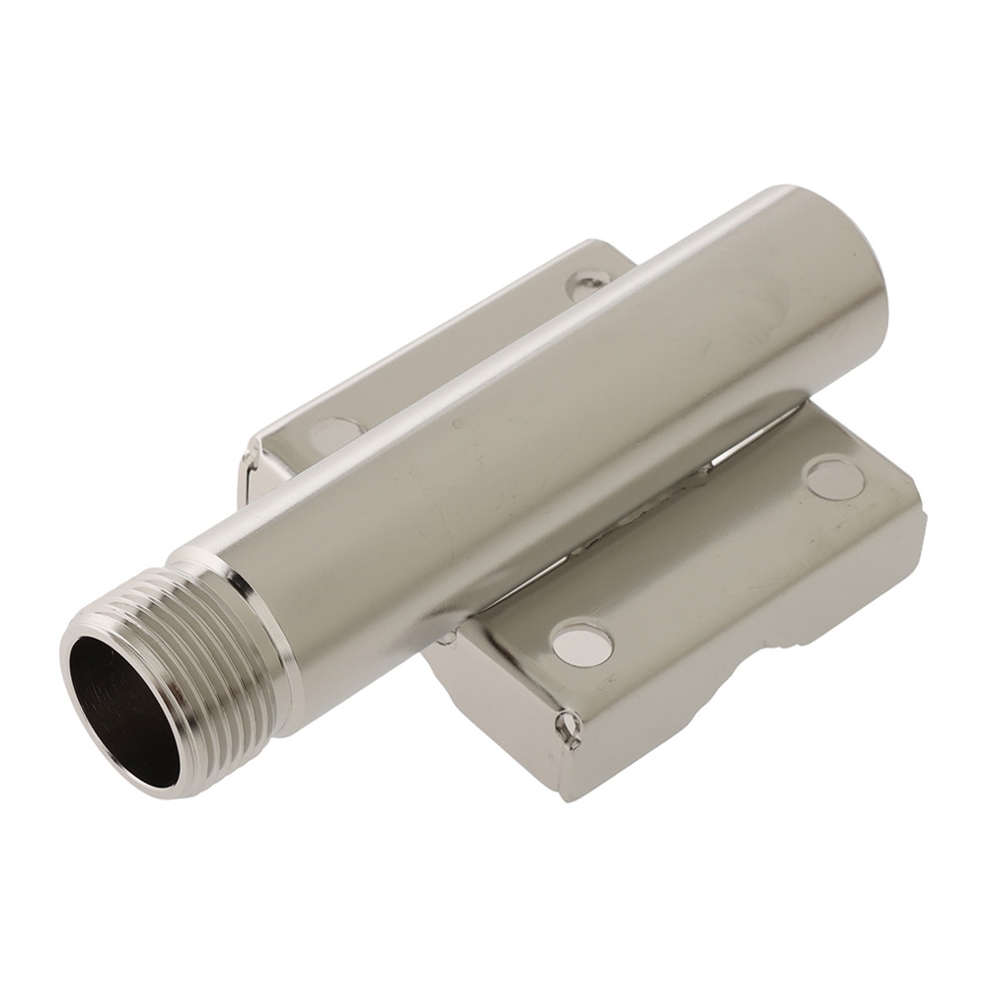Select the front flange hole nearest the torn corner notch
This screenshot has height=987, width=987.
pos(581,645)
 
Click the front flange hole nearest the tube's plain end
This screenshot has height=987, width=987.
pos(834,478)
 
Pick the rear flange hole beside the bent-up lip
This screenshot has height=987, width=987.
pos(335,433)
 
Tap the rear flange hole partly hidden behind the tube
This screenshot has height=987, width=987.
pos(587,283)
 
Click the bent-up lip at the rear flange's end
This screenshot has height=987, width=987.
pos(255,472)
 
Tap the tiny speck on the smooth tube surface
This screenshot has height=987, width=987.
pos(456,424)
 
